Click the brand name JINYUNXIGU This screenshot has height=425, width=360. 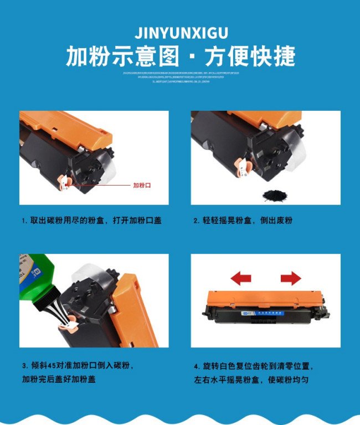tap(181, 31)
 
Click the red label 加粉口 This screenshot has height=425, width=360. tap(142, 186)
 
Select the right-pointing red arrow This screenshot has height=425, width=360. tap(290, 278)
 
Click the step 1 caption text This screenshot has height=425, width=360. tap(91, 221)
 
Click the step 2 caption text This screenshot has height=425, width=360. tap(243, 221)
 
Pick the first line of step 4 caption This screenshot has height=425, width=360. tap(254, 366)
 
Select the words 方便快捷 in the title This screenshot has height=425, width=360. tap(250, 57)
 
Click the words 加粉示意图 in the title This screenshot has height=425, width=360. tap(123, 57)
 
